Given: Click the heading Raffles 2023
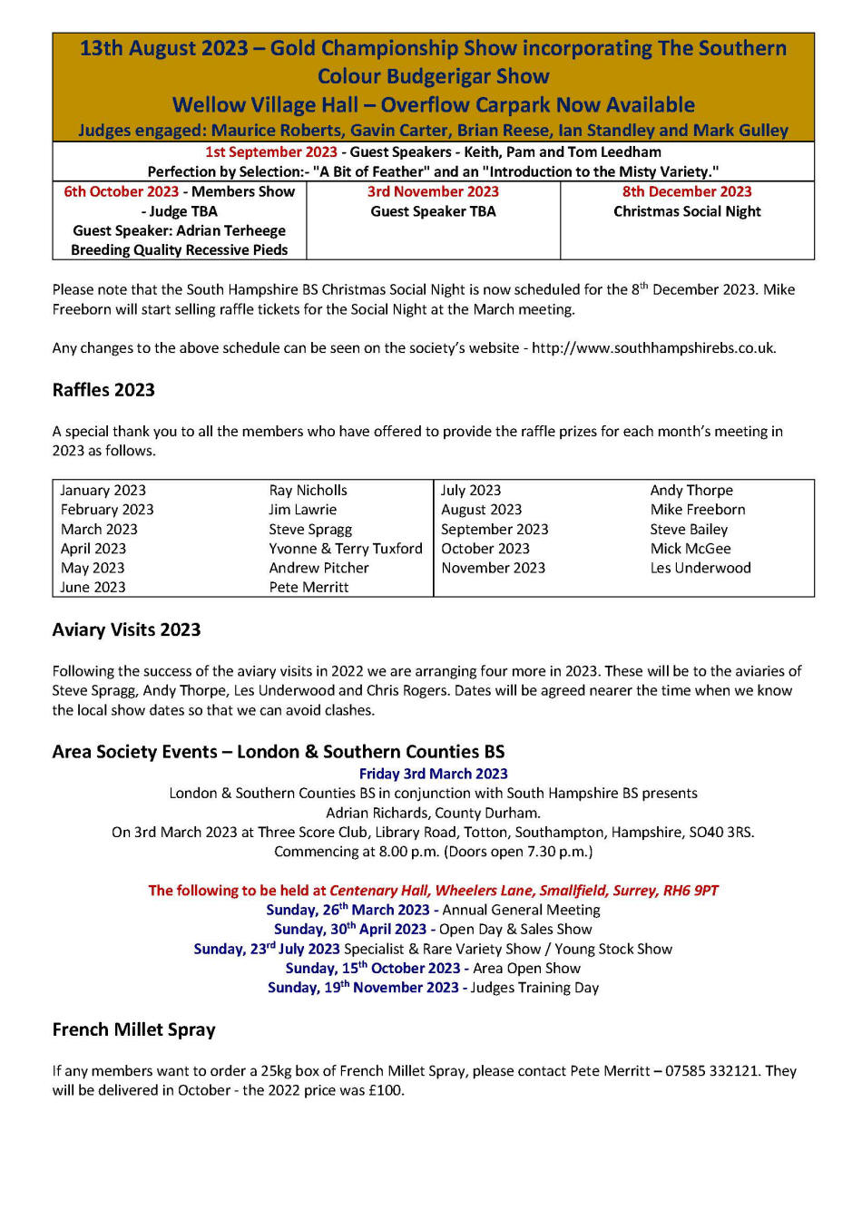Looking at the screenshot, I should click(x=103, y=390).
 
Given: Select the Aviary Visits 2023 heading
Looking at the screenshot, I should click(x=126, y=629).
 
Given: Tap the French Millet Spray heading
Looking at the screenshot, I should click(x=133, y=1029).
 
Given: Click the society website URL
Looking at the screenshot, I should click(x=653, y=348).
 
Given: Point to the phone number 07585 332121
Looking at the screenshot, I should click(x=711, y=1071).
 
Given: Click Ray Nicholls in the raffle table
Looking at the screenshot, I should click(x=308, y=491).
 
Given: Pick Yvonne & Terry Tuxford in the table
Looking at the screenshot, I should click(x=346, y=549).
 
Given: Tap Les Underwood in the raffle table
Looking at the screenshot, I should click(x=700, y=569).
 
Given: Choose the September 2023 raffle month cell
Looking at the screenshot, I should click(x=495, y=530).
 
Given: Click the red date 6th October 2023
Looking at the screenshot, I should click(x=122, y=192).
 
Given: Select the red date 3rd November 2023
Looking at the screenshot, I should click(x=433, y=192).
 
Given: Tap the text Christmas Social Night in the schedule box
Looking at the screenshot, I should click(x=687, y=212).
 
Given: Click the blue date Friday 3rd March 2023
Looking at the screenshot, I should click(x=433, y=774).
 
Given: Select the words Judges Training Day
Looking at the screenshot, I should click(x=534, y=988).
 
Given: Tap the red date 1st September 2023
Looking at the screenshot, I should click(x=270, y=152).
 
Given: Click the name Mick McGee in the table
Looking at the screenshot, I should click(x=690, y=549).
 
